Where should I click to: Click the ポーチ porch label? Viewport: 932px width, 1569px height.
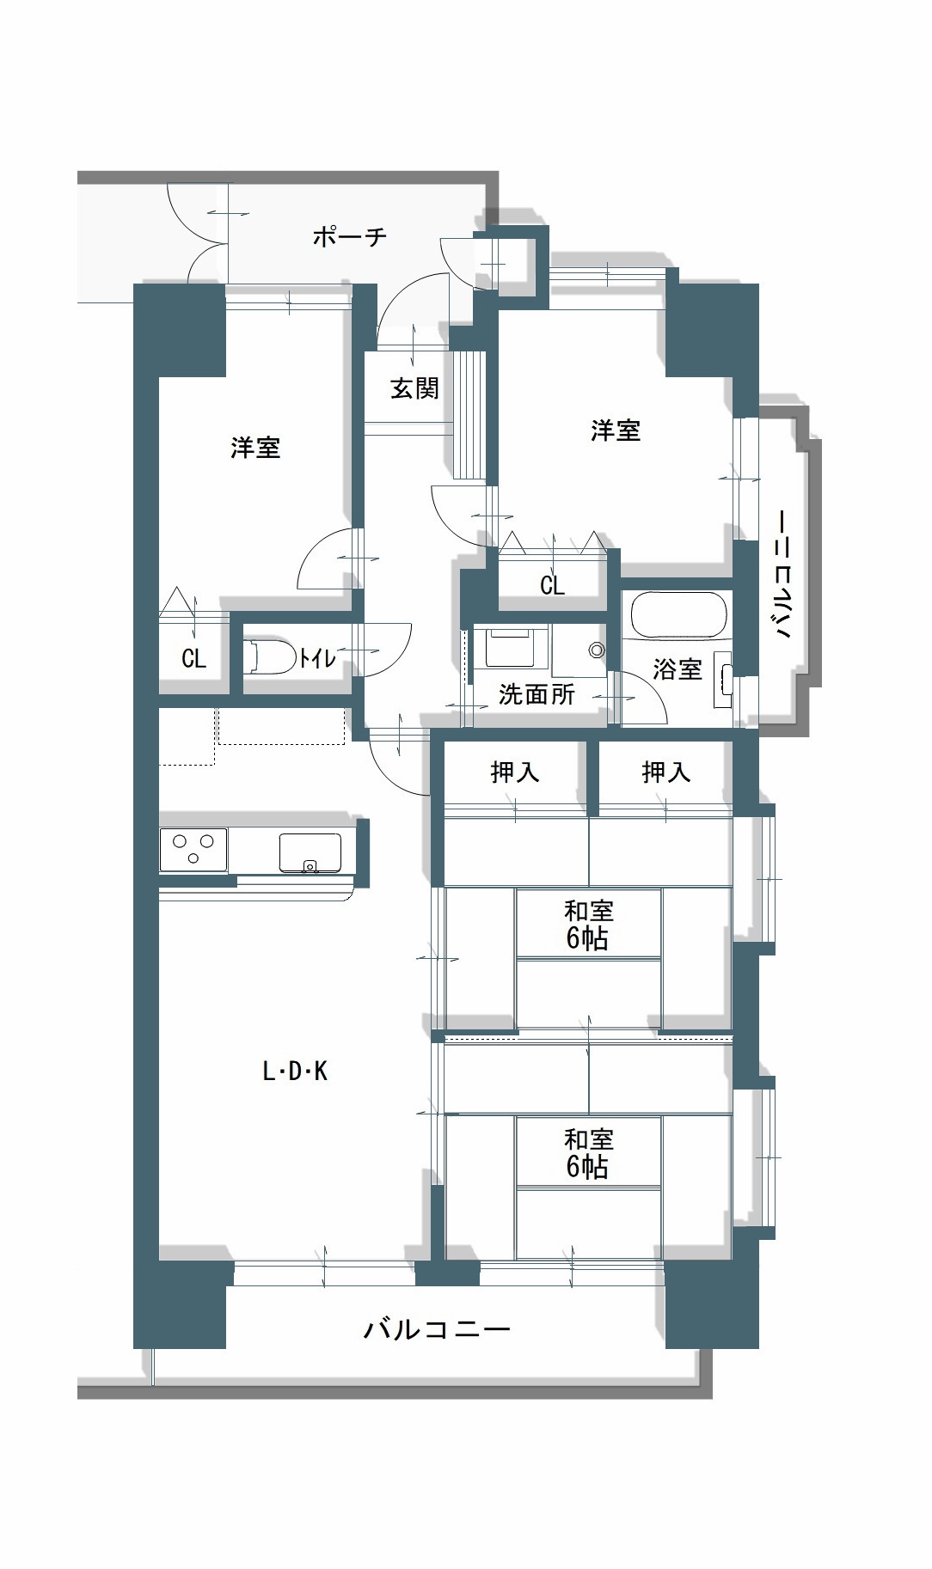[x=350, y=236]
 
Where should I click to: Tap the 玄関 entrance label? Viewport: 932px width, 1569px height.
[x=415, y=388]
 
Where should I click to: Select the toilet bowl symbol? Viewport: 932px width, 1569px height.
[x=269, y=656]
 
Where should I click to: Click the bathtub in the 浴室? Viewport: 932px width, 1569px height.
[x=678, y=614]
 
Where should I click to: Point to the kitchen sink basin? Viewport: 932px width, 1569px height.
[x=310, y=852]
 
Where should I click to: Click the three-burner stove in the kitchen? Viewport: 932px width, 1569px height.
[x=193, y=850]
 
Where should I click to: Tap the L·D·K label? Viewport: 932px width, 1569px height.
[x=295, y=1071]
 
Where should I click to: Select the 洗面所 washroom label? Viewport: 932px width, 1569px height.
[x=537, y=693]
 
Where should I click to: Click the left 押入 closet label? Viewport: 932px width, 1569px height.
[x=515, y=772]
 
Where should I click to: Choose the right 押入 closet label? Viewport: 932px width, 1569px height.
[x=666, y=772]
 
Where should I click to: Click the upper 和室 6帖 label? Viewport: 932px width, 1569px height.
[x=588, y=924]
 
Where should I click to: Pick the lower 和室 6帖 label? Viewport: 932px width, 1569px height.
[x=588, y=1153]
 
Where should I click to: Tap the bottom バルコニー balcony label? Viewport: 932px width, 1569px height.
[x=437, y=1330]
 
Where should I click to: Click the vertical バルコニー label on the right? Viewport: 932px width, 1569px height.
[x=782, y=574]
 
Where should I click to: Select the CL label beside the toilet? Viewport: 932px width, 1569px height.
[x=194, y=658]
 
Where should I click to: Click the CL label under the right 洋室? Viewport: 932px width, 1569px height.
[x=552, y=585]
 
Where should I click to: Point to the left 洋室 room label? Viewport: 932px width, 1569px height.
[x=255, y=448]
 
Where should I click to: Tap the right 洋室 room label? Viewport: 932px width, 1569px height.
[x=616, y=430]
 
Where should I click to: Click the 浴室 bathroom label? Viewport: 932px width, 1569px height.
[x=678, y=669]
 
